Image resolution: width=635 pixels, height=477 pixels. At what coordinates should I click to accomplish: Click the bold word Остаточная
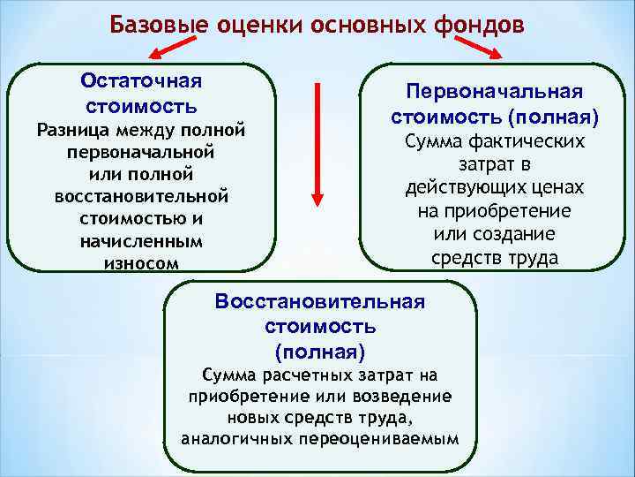tap(142, 80)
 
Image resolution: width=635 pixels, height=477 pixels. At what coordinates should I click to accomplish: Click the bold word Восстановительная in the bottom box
tap(320, 302)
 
